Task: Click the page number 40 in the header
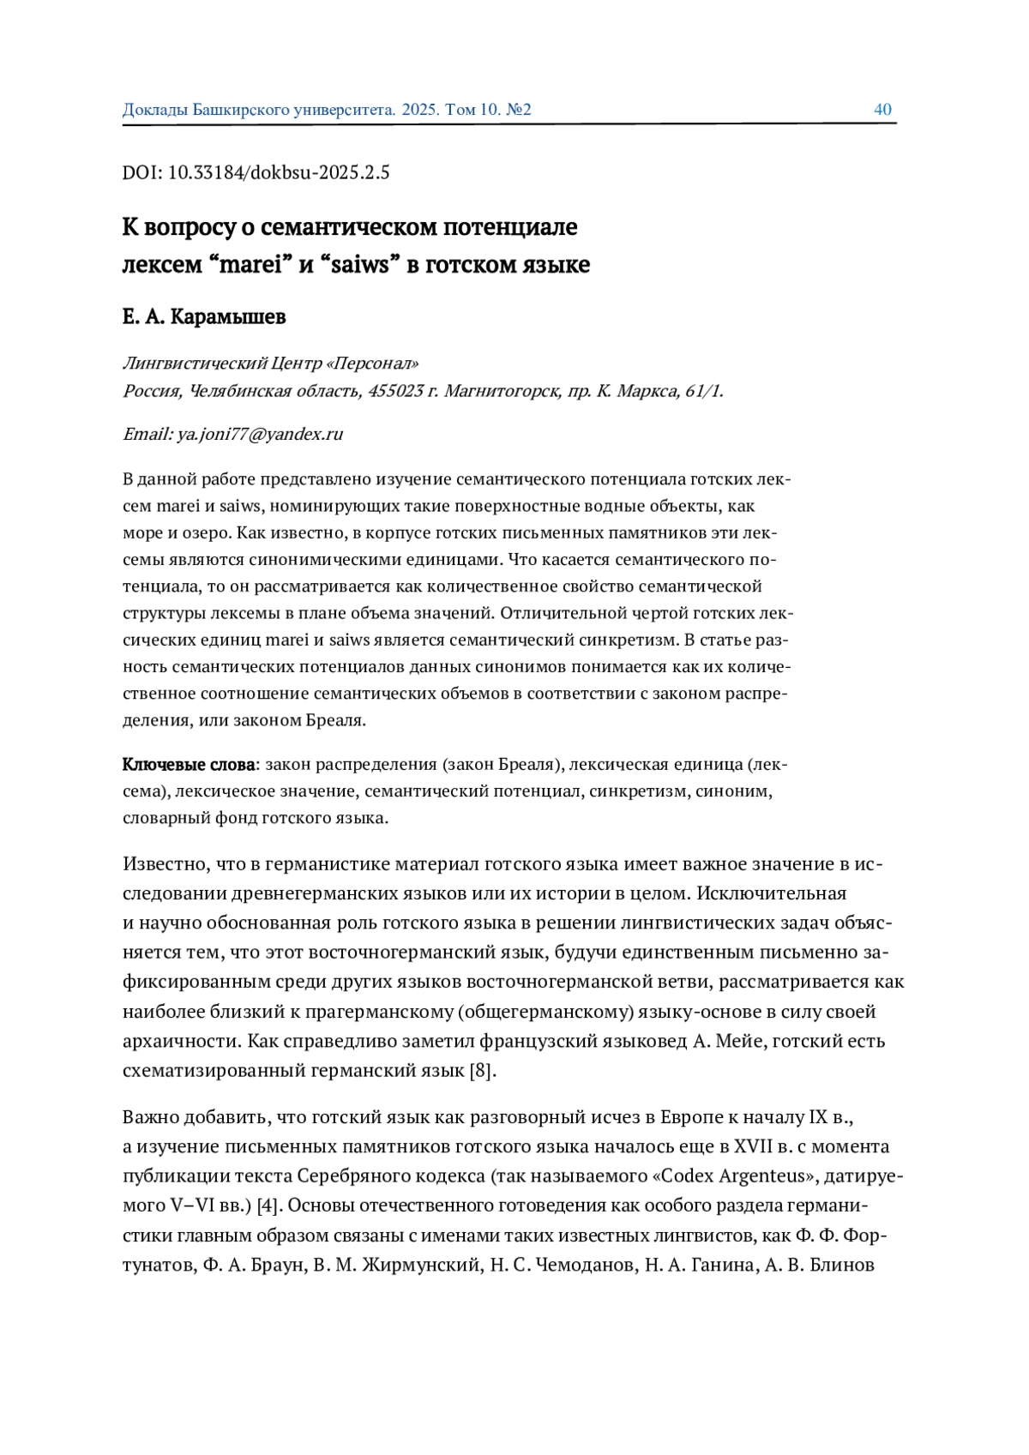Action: [x=882, y=110]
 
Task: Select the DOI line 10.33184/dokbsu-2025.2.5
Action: [x=256, y=172]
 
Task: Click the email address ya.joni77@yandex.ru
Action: [x=260, y=434]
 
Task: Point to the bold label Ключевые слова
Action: [x=189, y=764]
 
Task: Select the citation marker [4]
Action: [x=268, y=1205]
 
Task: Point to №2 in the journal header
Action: [x=519, y=110]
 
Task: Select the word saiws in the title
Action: [x=359, y=265]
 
